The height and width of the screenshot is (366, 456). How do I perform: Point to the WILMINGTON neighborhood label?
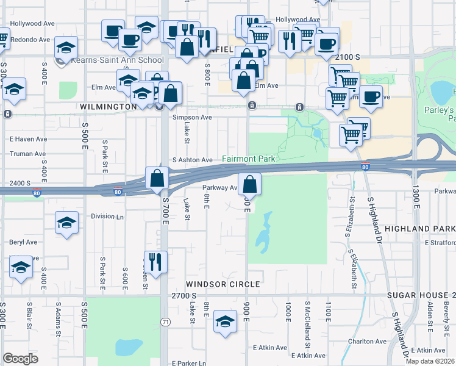click(109, 107)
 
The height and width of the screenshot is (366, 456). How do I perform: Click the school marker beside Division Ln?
click(66, 223)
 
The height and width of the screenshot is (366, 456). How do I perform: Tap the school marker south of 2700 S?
click(225, 321)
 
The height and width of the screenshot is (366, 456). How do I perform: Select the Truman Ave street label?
click(23, 154)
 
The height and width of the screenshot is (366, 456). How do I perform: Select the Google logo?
click(21, 359)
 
